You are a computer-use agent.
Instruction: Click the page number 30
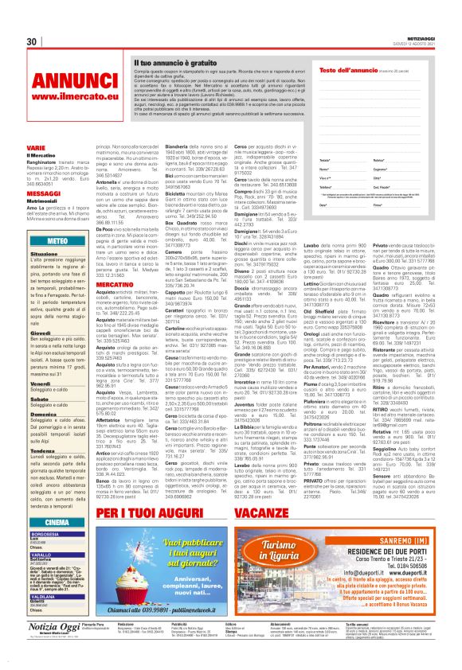33,42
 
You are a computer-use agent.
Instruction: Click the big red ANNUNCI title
63,83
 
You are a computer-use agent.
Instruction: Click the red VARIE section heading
34,148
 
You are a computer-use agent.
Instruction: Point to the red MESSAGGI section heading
38,193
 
